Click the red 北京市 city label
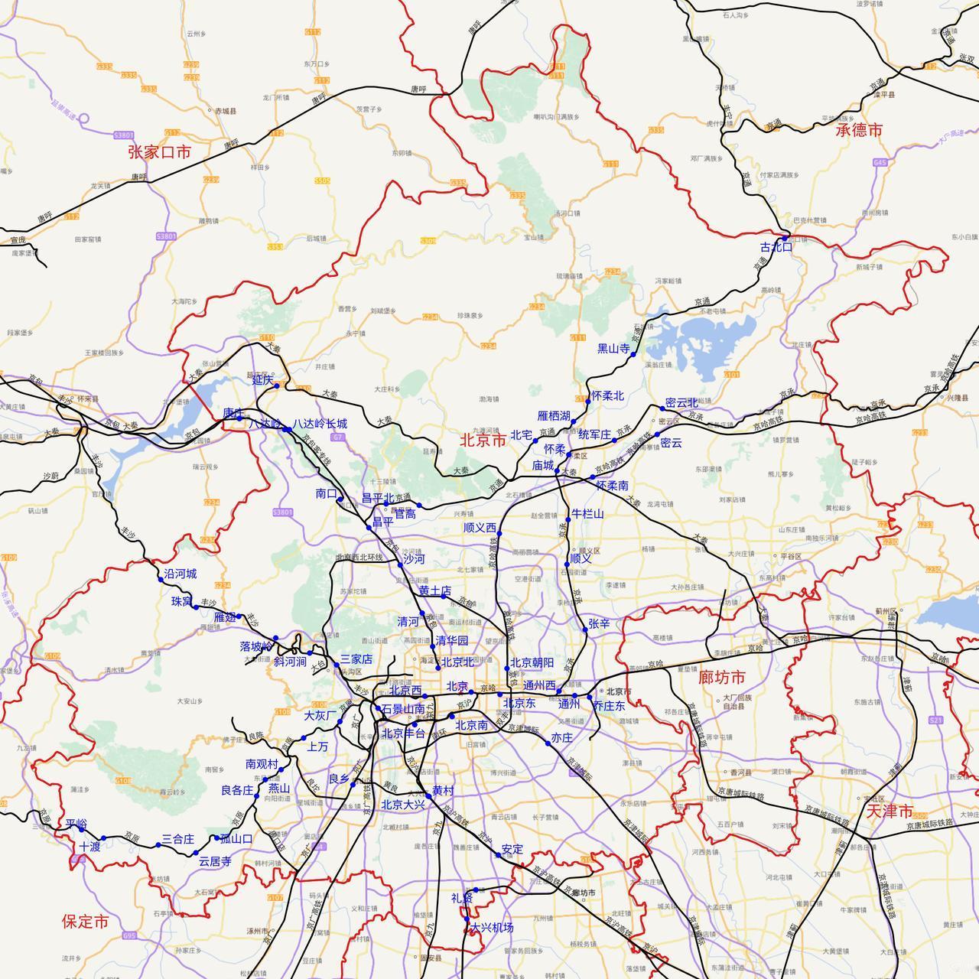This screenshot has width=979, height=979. tap(483, 441)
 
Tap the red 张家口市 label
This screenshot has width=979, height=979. tap(159, 152)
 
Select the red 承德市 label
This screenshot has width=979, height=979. tap(859, 130)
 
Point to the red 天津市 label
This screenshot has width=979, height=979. tap(890, 811)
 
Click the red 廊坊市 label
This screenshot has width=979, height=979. tap(721, 678)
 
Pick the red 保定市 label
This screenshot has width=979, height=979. tap(85, 922)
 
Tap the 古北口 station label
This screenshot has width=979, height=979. tap(776, 247)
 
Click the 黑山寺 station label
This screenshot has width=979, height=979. tap(613, 349)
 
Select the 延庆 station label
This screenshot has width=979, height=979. tap(262, 379)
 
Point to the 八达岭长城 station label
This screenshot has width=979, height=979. tap(320, 424)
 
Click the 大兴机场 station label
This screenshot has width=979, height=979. tap(492, 928)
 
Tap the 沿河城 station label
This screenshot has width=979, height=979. tap(181, 574)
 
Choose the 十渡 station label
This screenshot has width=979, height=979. tap(89, 847)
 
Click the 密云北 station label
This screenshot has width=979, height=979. tap(681, 402)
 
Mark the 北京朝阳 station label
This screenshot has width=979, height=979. tap(532, 662)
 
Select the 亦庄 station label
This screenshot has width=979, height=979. tap(561, 738)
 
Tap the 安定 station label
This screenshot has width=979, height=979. tap(512, 849)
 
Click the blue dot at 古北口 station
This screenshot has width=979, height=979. tap(785, 239)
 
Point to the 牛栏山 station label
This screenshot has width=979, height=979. tap(587, 514)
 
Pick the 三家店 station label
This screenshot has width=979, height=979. tap(356, 659)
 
